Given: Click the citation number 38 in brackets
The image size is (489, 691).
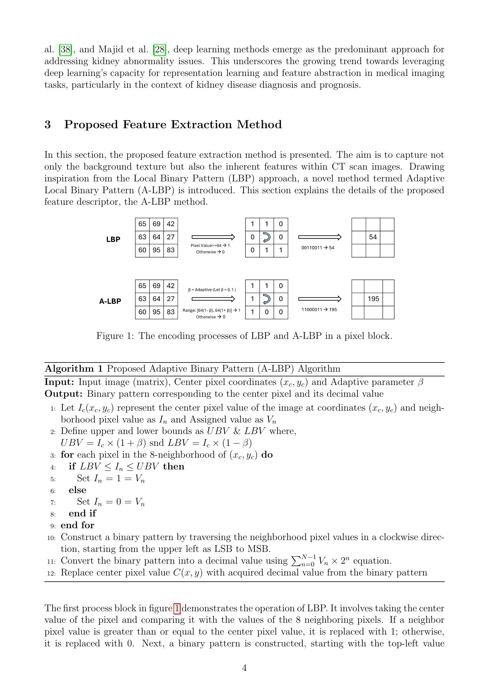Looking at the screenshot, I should click(65, 49).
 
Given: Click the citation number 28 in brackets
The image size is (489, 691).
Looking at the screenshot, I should click(160, 49).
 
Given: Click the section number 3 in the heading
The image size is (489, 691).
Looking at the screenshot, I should click(48, 124).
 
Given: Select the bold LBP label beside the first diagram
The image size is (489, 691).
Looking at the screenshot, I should click(113, 239).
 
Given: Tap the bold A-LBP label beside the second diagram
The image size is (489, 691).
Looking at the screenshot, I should click(110, 301).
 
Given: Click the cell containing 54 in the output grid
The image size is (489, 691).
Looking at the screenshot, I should click(373, 237).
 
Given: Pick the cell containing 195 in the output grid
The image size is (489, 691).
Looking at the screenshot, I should click(373, 299).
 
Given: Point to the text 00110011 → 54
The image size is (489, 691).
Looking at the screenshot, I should click(318, 248).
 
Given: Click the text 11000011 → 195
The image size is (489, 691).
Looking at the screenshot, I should click(319, 309).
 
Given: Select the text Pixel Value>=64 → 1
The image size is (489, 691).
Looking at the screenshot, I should click(210, 245).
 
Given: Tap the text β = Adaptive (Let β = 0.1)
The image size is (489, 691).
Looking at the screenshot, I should click(212, 290).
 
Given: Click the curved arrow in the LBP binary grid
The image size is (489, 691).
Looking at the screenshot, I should click(266, 238).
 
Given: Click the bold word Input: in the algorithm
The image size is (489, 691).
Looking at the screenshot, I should click(59, 382).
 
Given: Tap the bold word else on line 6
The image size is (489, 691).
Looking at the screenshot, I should click(77, 490).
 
